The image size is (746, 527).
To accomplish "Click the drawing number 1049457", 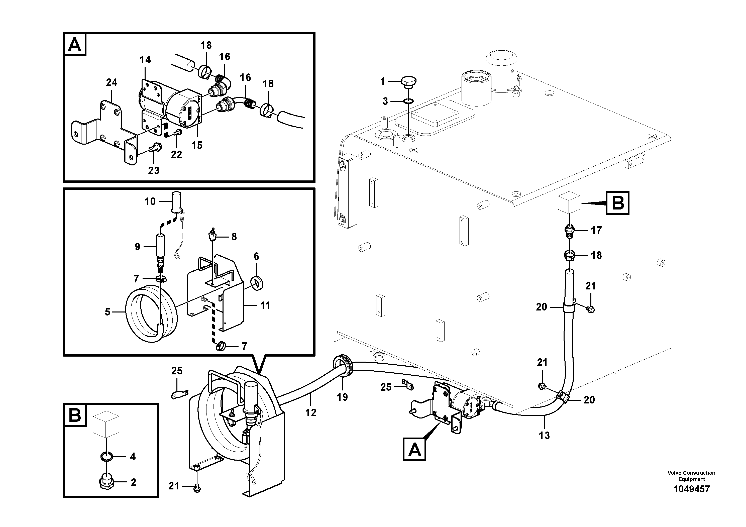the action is point(691,489).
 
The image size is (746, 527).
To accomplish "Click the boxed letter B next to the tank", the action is point(617,203).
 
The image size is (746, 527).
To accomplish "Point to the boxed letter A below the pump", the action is point(414,449).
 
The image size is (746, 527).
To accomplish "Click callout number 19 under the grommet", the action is point(342,397).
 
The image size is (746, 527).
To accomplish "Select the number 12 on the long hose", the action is point(311,413).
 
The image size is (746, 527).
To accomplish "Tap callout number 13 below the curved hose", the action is point(544,435).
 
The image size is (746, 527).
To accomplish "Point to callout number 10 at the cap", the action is point(150,201).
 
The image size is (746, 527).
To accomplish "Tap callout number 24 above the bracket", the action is point(112,82).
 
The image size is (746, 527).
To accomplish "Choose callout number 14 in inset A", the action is point(145,60).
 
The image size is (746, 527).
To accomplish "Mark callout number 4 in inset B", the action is point(133,457).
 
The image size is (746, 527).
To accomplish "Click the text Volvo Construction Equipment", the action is point(691,476).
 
